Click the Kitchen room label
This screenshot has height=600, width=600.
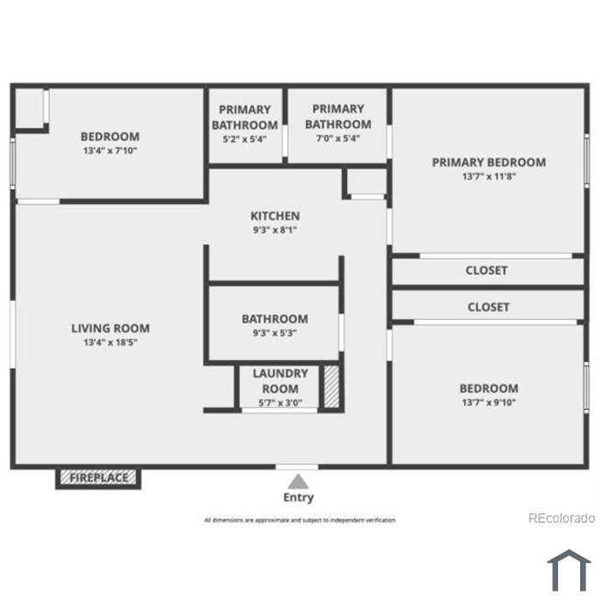[275, 216]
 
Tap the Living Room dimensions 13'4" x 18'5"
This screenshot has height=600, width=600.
[111, 342]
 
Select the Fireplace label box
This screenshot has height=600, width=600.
[99, 478]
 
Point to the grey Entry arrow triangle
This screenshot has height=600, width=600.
[298, 482]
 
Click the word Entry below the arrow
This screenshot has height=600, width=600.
[298, 497]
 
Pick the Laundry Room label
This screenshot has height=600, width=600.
[280, 381]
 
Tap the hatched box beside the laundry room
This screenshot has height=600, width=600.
[332, 387]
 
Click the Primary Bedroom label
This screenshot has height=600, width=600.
[489, 162]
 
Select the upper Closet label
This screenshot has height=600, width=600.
[486, 271]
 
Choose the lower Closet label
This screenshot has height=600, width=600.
[489, 307]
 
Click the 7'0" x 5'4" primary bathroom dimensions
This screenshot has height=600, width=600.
[338, 138]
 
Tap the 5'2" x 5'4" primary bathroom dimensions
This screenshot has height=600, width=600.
[244, 139]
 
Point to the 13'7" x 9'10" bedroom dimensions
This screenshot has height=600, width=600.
[489, 403]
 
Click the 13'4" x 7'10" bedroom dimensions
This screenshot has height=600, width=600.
[110, 150]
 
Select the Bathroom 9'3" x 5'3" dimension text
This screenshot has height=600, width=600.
[275, 333]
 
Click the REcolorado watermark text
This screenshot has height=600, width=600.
[561, 518]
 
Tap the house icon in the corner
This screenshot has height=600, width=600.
[569, 570]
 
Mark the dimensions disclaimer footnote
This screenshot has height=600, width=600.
[300, 520]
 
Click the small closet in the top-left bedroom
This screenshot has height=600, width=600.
[29, 108]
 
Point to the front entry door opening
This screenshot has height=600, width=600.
[297, 467]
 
